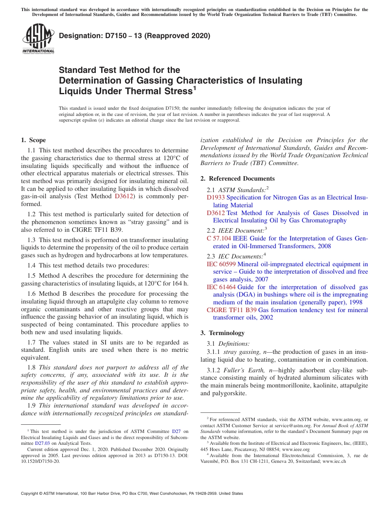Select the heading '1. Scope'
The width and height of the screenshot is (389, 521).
pos(34,140)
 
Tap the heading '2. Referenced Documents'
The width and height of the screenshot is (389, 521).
pos(237,179)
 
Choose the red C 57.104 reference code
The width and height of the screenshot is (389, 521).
pos(219,238)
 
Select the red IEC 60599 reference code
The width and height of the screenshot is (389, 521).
pos(221,264)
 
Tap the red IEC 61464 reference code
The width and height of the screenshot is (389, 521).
pos(221,287)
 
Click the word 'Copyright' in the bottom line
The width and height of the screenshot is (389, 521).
pos(31,494)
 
